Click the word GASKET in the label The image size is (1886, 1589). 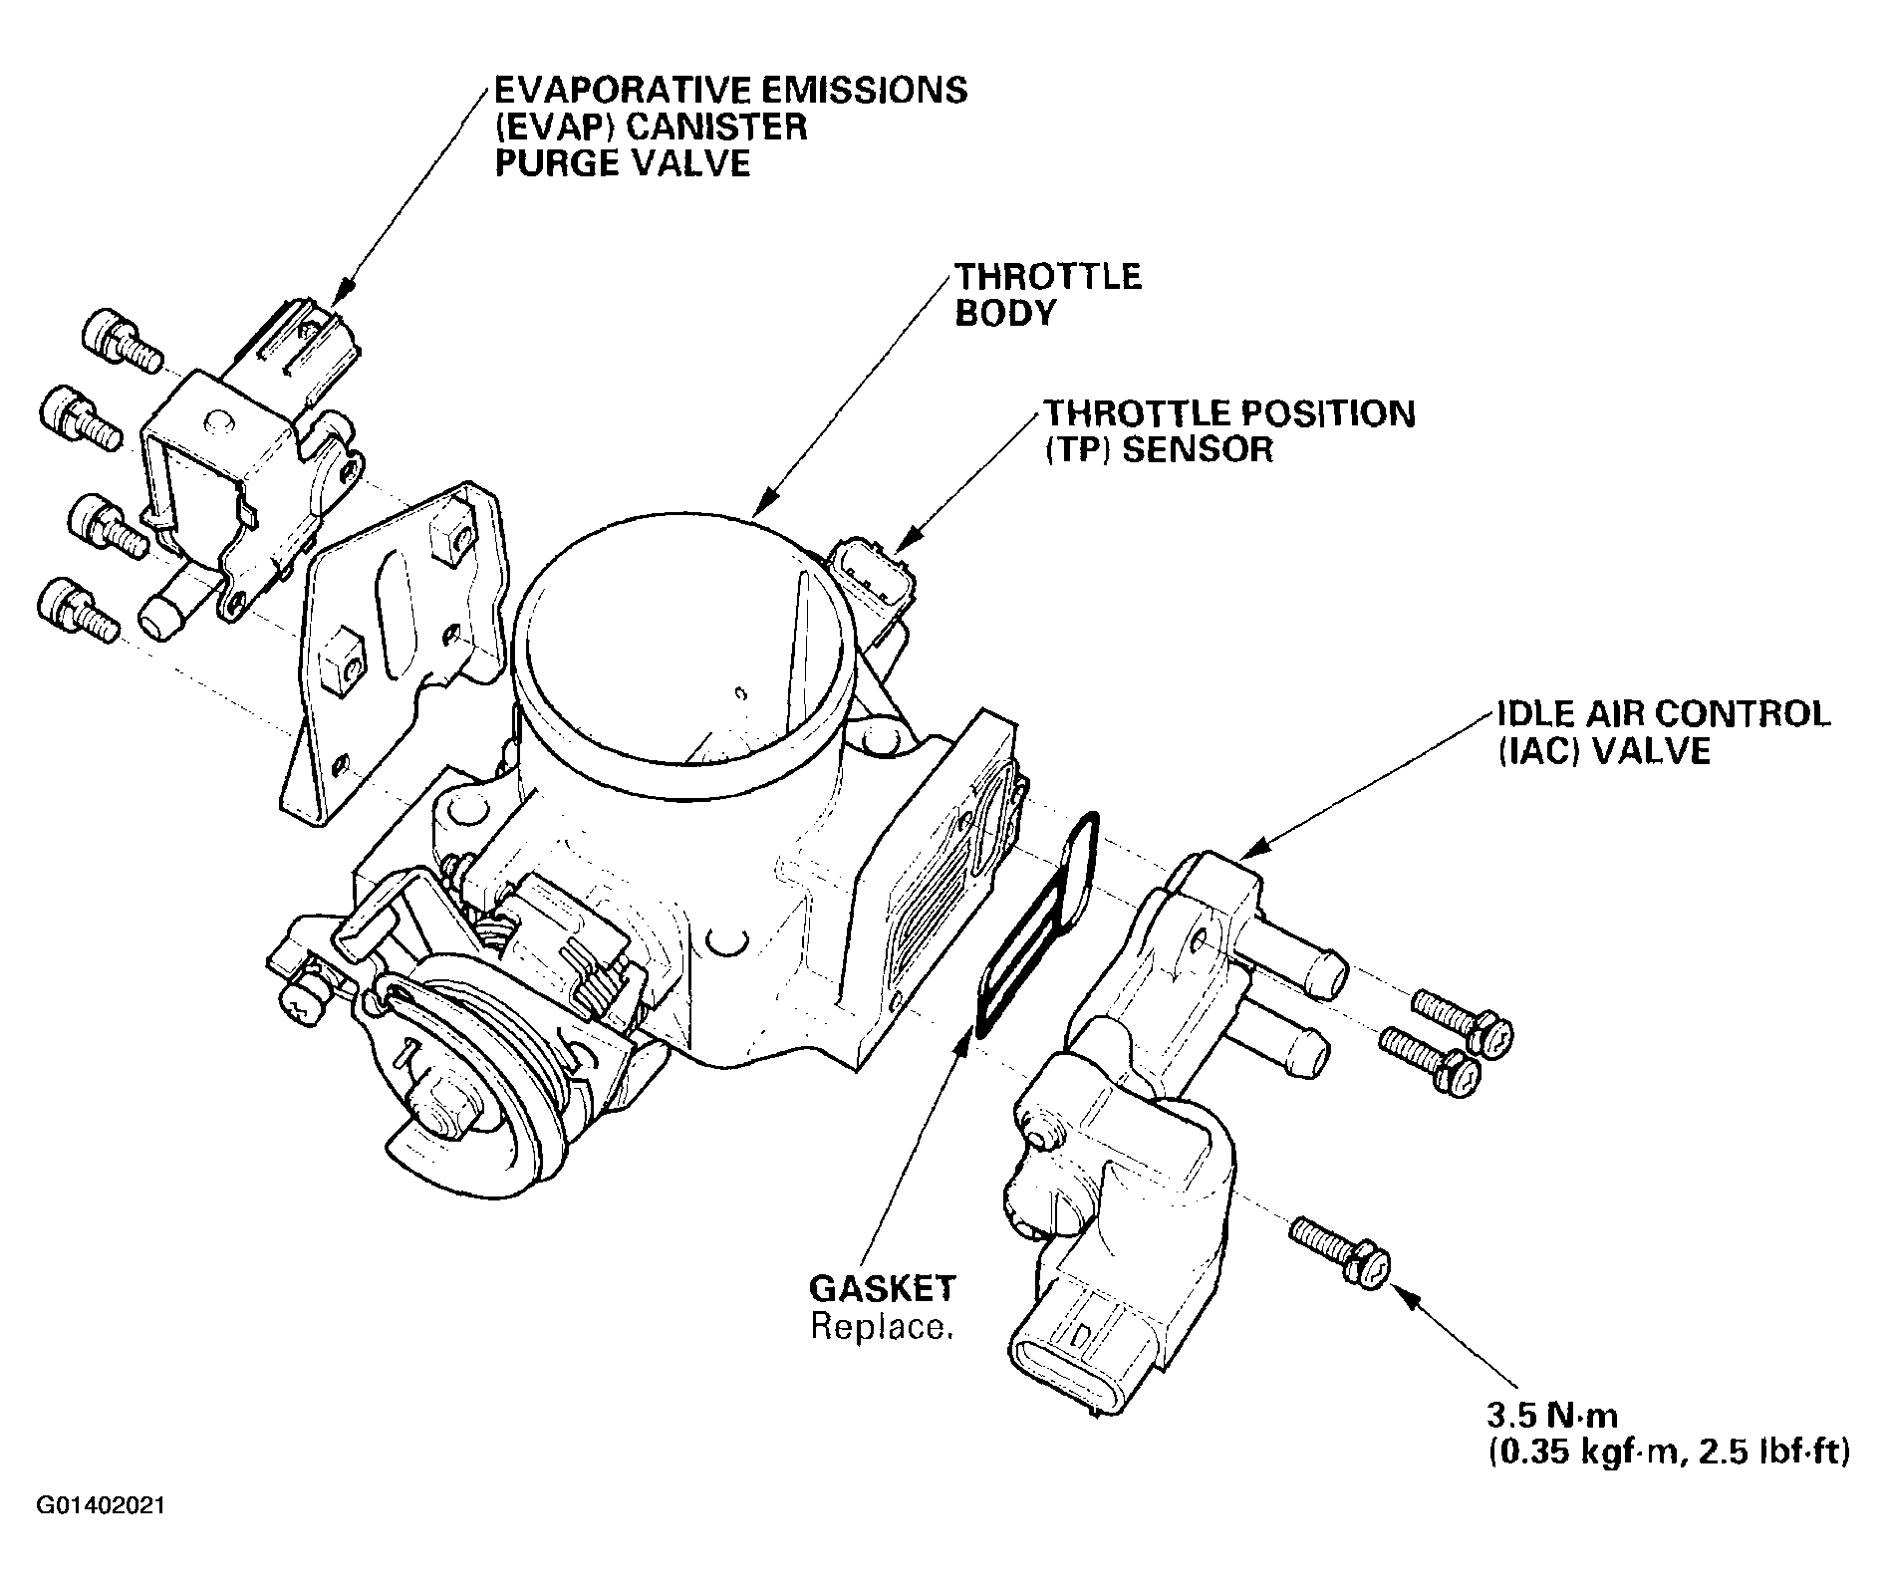(x=882, y=1289)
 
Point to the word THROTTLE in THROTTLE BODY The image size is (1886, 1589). (x=1047, y=276)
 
